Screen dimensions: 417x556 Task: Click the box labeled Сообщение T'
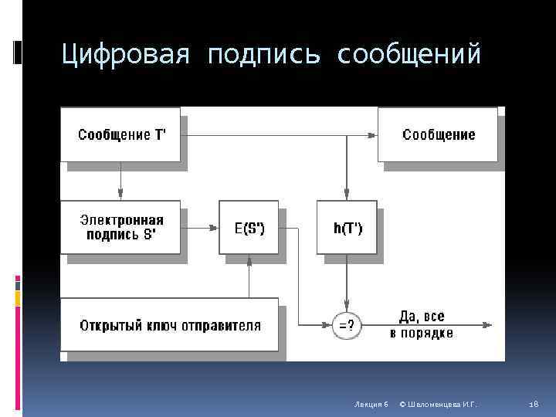pos(120,134)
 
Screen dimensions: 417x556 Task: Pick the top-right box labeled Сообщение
pos(438,134)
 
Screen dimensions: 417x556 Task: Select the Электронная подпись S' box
pos(120,227)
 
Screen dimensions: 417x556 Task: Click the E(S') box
pos(249,227)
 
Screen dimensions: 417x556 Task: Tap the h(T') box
pos(347,227)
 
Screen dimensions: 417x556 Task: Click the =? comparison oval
pos(347,325)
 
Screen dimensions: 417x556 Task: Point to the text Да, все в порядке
pos(422,325)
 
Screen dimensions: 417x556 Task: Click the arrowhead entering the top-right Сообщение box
pos(372,135)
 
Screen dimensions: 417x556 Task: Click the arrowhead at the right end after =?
pos(488,325)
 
